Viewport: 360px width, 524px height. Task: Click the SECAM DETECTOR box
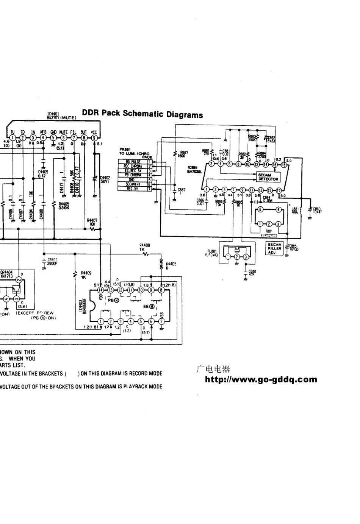(x=268, y=177)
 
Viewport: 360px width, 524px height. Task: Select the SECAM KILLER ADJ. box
(x=274, y=248)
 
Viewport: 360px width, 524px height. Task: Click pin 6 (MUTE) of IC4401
(x=64, y=138)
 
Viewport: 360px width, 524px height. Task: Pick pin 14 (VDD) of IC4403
(x=100, y=290)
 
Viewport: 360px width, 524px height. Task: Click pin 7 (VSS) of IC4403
(x=161, y=322)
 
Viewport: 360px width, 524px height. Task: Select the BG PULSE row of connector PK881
(x=133, y=162)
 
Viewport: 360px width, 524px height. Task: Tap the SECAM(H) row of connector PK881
(x=133, y=184)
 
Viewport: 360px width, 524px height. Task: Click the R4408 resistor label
(x=144, y=248)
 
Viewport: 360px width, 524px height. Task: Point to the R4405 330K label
(x=64, y=206)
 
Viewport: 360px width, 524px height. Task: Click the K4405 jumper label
(x=171, y=265)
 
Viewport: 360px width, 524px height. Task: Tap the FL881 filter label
(x=211, y=253)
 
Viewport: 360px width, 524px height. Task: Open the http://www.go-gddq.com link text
(x=261, y=379)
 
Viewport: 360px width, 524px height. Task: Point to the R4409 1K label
(x=86, y=274)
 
